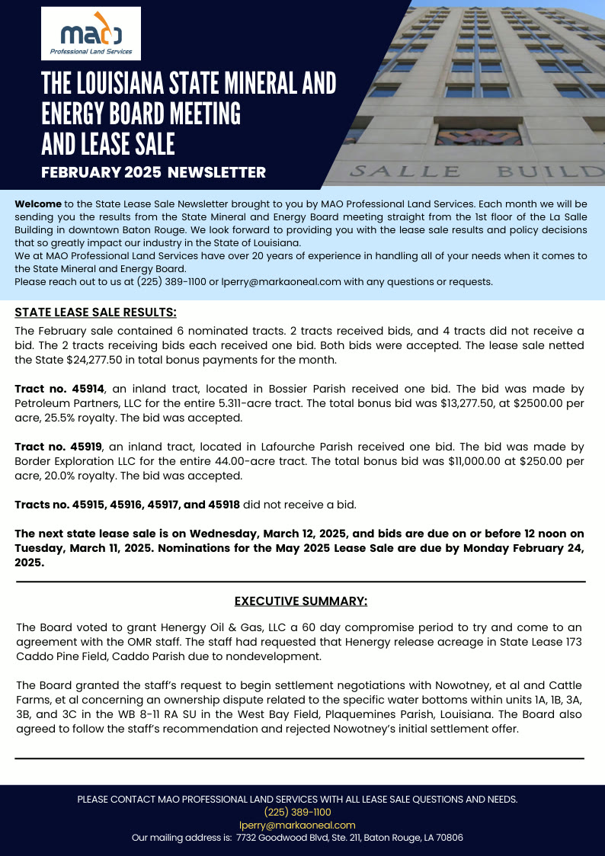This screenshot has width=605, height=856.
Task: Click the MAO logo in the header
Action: (91, 34)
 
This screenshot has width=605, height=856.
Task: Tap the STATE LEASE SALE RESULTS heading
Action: (95, 313)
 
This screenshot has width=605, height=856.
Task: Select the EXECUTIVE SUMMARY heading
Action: (300, 601)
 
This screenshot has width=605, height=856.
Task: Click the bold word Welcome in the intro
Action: (38, 205)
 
